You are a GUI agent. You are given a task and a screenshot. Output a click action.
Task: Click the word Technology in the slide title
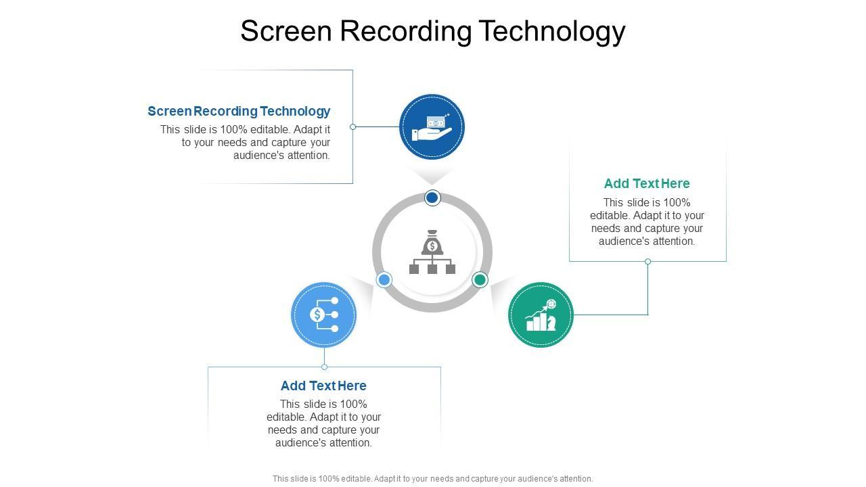coord(552,31)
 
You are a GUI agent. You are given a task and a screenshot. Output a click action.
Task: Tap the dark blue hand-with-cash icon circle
coord(432,126)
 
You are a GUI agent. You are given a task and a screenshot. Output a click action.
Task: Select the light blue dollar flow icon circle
coord(323,315)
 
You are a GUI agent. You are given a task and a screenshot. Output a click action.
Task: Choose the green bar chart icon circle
coord(541,315)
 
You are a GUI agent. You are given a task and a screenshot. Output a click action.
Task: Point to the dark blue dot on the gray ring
coord(432,198)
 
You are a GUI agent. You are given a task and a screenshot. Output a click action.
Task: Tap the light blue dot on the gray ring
coord(384,279)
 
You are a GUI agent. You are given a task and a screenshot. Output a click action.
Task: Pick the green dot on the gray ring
coord(480,279)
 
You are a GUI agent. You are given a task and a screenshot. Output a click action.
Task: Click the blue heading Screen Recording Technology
coord(239,111)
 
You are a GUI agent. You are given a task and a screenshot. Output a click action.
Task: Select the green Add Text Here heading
coord(647,183)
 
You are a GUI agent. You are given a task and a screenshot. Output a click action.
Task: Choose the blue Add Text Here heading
coord(323,386)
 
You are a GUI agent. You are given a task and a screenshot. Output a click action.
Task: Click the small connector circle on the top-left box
coord(352,126)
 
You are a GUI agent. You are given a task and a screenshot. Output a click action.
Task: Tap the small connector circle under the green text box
coord(647,261)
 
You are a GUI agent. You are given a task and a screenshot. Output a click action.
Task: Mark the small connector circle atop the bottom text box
coord(324,367)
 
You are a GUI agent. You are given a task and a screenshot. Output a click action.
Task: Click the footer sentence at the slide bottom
coord(432,478)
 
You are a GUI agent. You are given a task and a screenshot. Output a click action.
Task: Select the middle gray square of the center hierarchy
coord(432,269)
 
